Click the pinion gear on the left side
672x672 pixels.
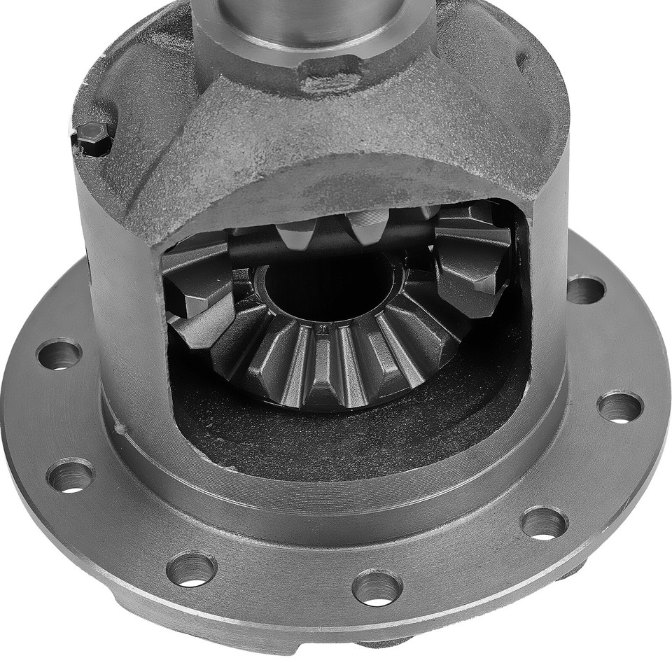(199, 294)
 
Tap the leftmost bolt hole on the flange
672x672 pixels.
(59, 353)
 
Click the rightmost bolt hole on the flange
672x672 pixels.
(619, 406)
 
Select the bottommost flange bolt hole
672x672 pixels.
(377, 587)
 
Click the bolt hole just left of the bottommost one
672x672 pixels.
(191, 568)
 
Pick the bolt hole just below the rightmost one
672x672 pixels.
(544, 522)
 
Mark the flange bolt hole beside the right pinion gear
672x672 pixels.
(585, 288)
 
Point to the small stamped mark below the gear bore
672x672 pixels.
(324, 327)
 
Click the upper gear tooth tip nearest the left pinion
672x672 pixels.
(294, 234)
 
